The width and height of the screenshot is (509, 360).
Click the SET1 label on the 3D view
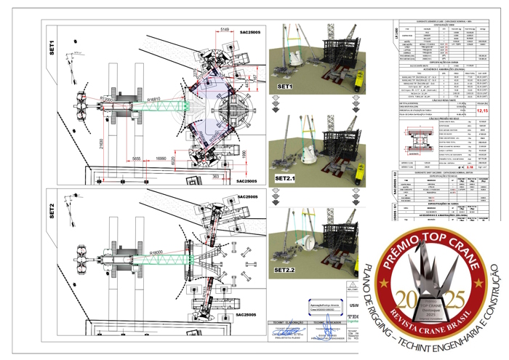(x=284, y=87)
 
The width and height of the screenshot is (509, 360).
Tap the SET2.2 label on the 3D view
(x=286, y=270)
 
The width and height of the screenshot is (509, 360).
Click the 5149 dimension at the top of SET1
(x=225, y=29)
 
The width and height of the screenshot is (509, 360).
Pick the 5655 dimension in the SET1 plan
(x=136, y=158)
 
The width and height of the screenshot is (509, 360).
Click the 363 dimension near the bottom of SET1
(x=215, y=176)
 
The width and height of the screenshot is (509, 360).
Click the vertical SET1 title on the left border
(x=52, y=47)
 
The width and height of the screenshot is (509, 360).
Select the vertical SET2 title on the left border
(x=52, y=211)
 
